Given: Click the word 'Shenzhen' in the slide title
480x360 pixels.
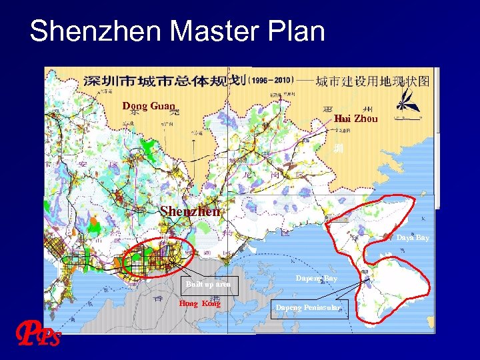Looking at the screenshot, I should point(86,31).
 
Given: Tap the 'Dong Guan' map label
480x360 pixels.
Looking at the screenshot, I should point(148,105).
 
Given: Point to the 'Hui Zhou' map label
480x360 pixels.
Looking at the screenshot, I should point(355,119).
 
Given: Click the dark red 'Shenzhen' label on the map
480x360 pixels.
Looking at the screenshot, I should point(190,211).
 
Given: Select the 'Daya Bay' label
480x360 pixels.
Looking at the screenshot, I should point(413,237).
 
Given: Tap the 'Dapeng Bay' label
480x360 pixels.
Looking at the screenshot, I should point(316,277).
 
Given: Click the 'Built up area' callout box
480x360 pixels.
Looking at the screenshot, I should point(208,284).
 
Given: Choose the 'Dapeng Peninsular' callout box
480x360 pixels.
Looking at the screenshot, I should point(308,307).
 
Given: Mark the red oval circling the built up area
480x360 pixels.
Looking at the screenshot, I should point(160,255).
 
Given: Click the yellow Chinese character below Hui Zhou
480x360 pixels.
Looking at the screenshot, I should point(339,148).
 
